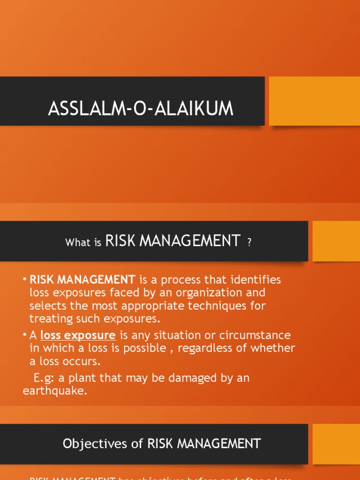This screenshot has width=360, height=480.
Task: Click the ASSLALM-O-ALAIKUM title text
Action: pyautogui.click(x=141, y=109)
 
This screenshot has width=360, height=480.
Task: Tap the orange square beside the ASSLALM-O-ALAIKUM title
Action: pyautogui.click(x=314, y=101)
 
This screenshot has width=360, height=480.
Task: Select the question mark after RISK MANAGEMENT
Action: pyautogui.click(x=249, y=243)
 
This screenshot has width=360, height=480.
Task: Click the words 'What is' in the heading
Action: pyautogui.click(x=83, y=243)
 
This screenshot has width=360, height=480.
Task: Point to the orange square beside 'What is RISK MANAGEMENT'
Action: pyautogui.click(x=336, y=241)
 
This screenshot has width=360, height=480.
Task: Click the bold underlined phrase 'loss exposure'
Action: pyautogui.click(x=78, y=335)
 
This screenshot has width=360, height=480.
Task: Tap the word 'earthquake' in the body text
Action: pyautogui.click(x=54, y=391)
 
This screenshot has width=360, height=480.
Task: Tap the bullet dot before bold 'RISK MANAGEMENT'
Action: pyautogui.click(x=25, y=280)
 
